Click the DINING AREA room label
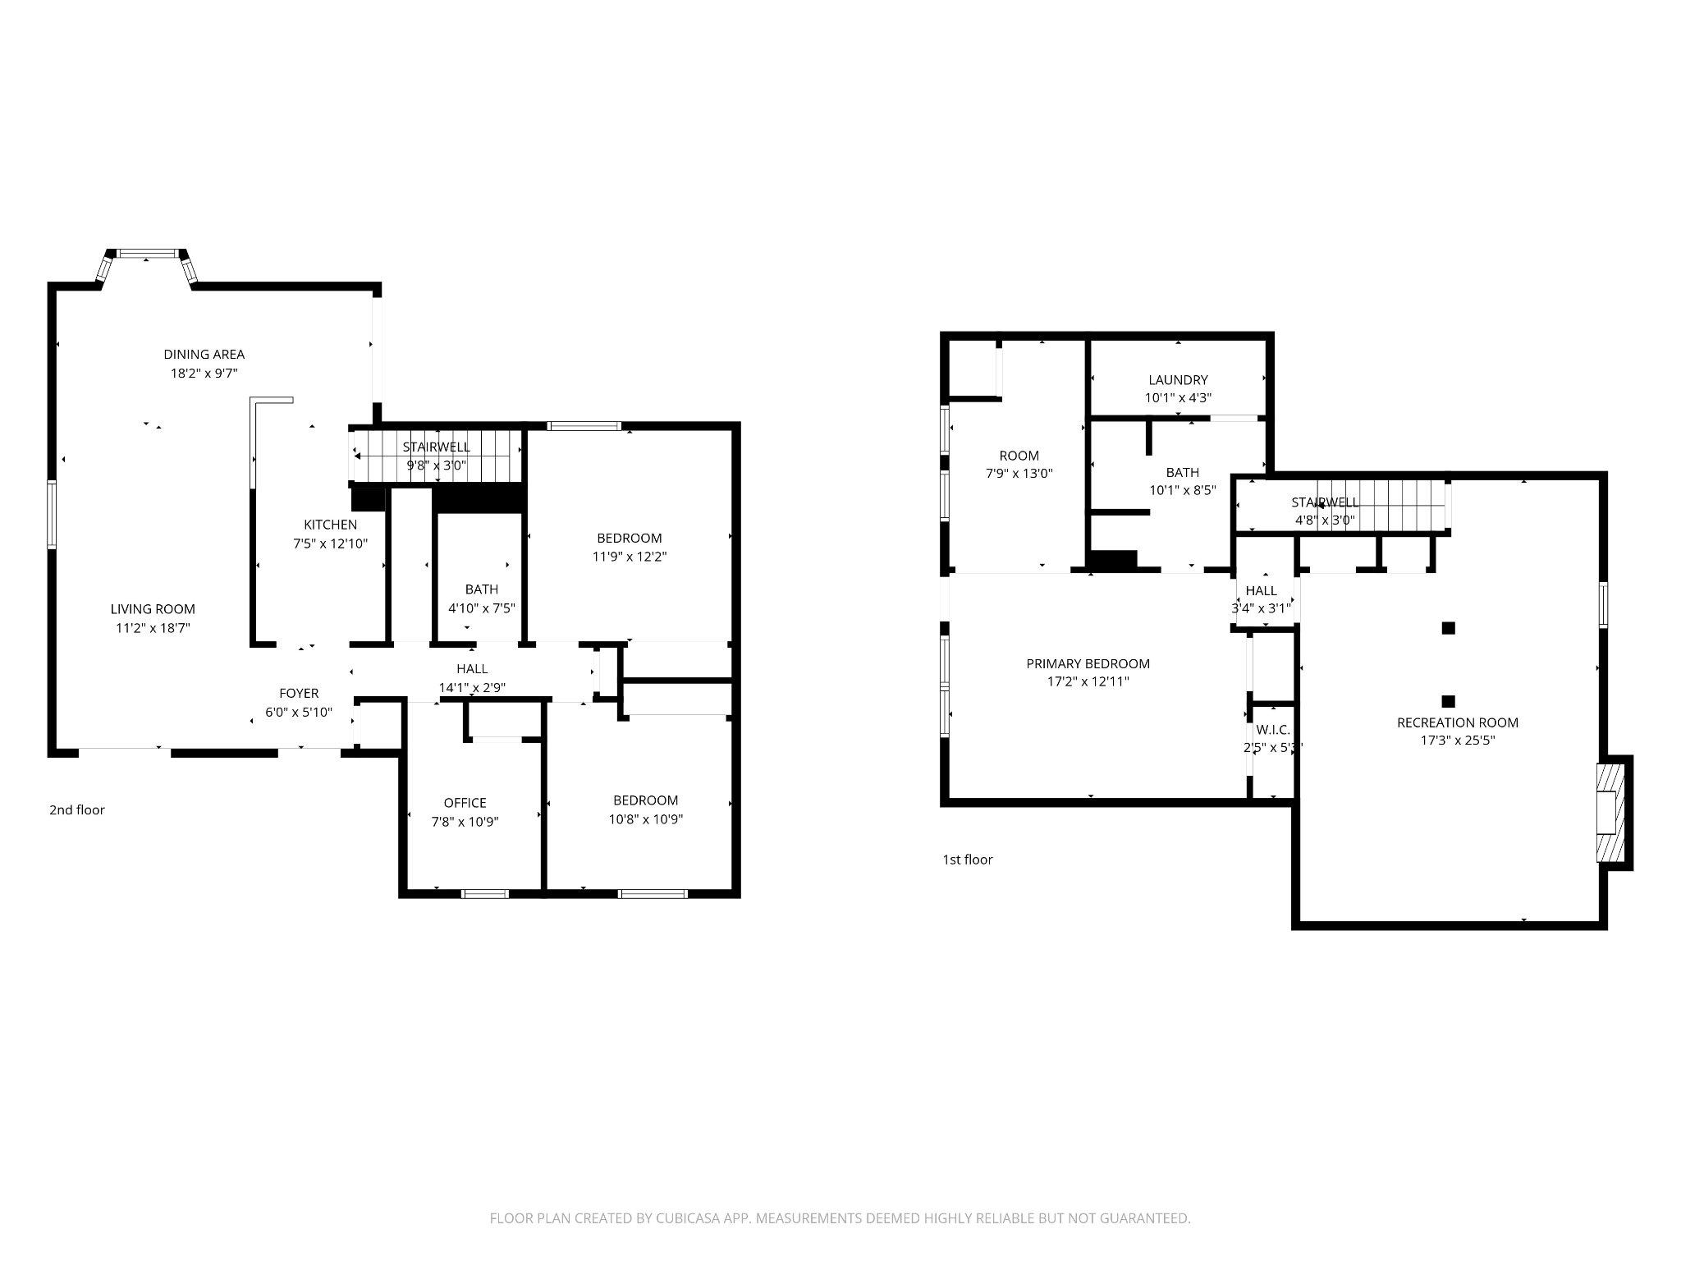click(204, 355)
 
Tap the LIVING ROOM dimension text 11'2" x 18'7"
click(153, 628)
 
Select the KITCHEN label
click(330, 525)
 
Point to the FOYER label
click(299, 694)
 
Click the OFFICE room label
click(465, 803)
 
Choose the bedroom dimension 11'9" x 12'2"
click(629, 557)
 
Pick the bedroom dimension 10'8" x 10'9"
click(645, 819)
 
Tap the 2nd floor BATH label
click(481, 589)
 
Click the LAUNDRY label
click(1178, 380)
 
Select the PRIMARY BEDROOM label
click(1088, 663)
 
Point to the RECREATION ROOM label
click(1457, 722)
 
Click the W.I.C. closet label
click(1272, 730)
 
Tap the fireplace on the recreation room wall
click(1610, 812)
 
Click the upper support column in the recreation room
click(1449, 628)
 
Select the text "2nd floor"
click(77, 810)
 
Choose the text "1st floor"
click(967, 860)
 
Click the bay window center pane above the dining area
click(148, 254)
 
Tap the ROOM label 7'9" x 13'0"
click(1019, 456)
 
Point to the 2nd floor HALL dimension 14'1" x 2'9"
click(472, 688)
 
